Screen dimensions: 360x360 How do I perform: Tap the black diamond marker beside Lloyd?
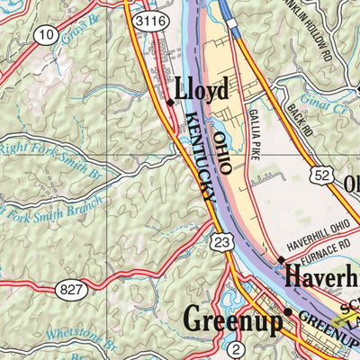[x=170, y=103]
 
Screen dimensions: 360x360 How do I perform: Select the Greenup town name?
[x=232, y=319]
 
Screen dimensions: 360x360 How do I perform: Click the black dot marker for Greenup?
[x=288, y=312]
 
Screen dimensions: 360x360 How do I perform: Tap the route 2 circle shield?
[x=236, y=349]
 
